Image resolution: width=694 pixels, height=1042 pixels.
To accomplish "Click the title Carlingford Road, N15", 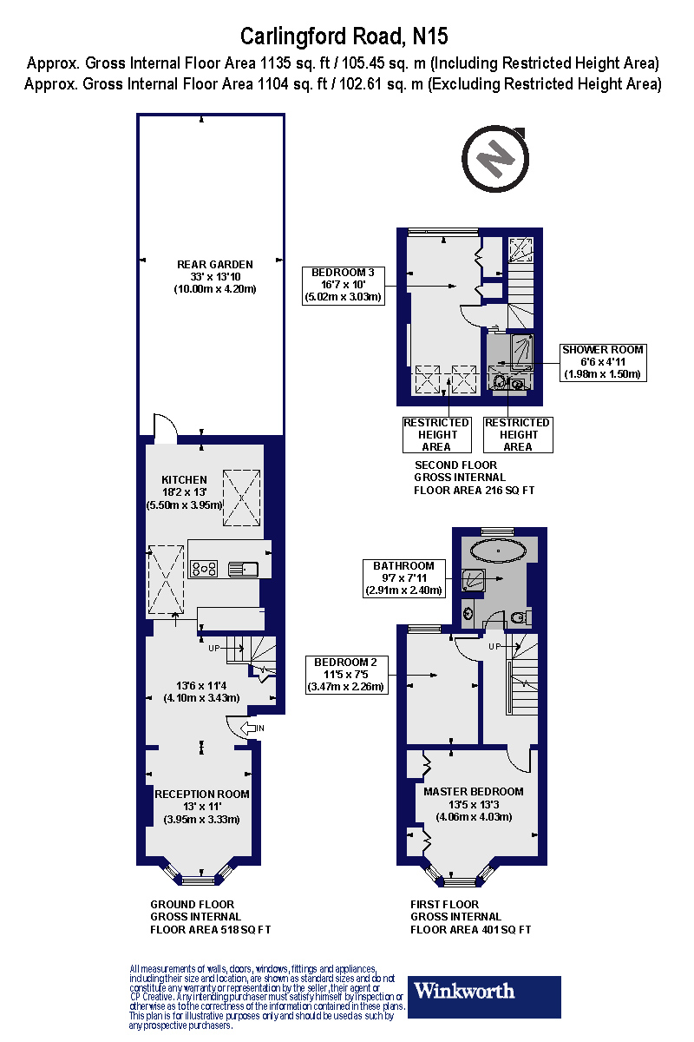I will point(344,36).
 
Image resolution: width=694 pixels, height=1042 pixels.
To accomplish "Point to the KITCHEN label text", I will point(184,479).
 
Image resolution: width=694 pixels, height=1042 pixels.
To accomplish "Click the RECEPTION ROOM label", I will point(201,794).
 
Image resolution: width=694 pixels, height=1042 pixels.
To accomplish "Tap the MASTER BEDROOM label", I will point(473,791).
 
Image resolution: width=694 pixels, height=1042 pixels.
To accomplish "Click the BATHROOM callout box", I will point(403,578).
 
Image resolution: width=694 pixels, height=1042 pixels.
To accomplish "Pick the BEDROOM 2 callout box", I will point(346,674).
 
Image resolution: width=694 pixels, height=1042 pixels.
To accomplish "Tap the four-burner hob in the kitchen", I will point(204,569).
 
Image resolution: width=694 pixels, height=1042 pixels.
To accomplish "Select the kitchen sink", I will point(242,569).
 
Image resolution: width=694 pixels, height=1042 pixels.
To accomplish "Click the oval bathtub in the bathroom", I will point(499,551).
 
